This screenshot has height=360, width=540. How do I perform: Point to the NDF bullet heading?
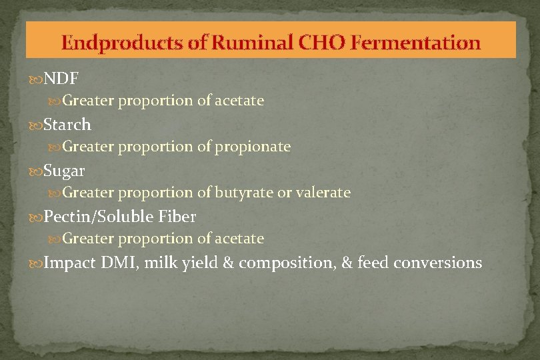[61, 79]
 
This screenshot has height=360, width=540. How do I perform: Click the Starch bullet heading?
[67, 125]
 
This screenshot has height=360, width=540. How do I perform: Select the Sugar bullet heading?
[64, 171]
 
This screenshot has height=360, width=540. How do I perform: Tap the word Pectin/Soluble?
[101, 217]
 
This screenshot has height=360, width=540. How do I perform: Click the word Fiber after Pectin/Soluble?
[178, 217]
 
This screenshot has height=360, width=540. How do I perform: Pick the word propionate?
[253, 147]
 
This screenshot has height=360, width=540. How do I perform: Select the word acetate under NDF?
[239, 101]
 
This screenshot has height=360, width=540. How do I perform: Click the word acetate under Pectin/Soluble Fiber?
[239, 239]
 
